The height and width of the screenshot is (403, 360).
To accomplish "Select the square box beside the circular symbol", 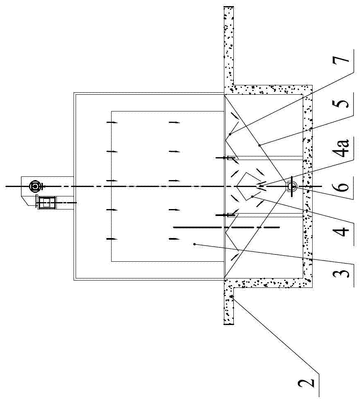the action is pyautogui.click(x=46, y=202).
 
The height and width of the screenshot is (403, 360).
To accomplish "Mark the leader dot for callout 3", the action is pyautogui.click(x=195, y=244).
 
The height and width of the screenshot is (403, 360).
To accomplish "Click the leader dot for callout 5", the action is pyautogui.click(x=259, y=145).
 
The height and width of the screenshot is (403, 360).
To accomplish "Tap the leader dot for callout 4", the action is pyautogui.click(x=253, y=196).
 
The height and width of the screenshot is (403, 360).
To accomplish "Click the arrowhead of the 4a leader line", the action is pyautogui.click(x=258, y=187).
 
